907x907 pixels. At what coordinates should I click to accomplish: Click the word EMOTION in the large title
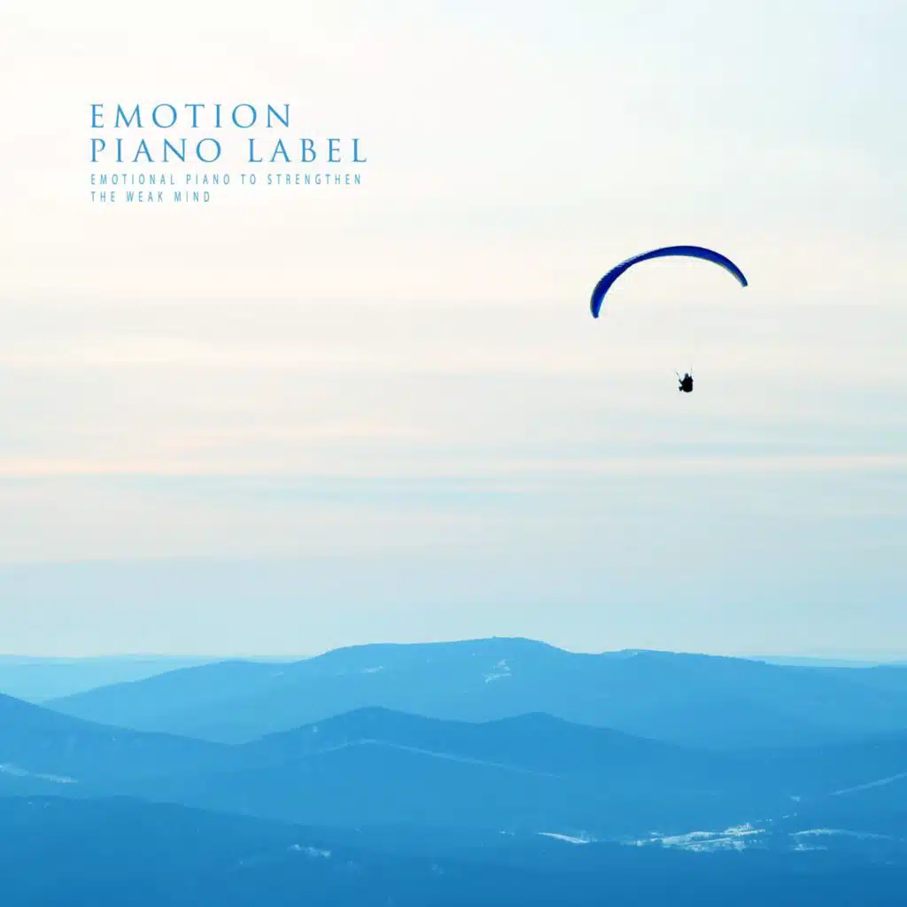point(190,116)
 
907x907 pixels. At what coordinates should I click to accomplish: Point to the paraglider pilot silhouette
point(686,383)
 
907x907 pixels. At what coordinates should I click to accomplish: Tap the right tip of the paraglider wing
point(743,283)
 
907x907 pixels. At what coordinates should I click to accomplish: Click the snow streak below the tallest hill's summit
point(498,671)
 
